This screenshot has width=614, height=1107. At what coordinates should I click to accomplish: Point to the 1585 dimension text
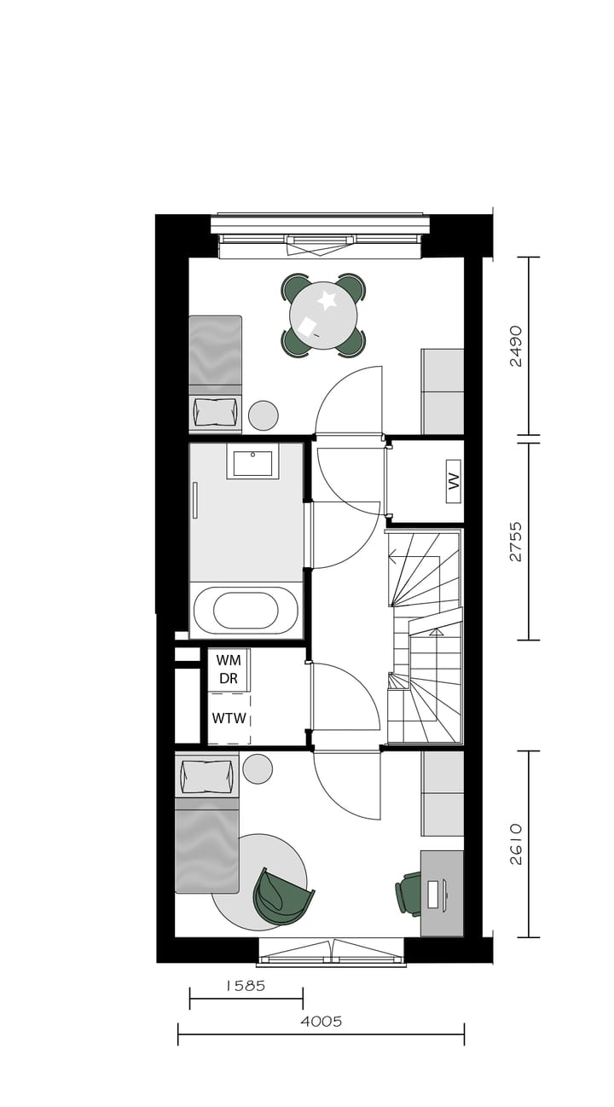[246, 986]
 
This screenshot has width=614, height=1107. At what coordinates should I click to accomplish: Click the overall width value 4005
[321, 1022]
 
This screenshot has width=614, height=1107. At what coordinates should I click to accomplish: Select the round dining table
[323, 316]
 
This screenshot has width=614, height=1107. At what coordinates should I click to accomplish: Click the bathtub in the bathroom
[246, 611]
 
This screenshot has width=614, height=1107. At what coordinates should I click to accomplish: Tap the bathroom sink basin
[252, 463]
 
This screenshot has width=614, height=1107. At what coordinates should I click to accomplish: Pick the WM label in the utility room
[229, 660]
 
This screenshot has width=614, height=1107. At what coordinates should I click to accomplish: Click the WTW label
[229, 719]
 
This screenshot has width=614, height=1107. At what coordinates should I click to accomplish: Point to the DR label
[229, 679]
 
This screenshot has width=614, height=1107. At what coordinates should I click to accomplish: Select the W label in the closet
[454, 481]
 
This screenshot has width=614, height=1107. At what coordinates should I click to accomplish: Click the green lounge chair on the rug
[281, 896]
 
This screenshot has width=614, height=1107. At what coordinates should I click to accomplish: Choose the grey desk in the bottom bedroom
[442, 893]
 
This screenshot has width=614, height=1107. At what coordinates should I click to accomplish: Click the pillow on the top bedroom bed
[215, 412]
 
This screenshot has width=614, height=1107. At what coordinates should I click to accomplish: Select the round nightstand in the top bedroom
[264, 415]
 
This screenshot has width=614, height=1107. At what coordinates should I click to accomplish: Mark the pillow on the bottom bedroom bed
[206, 777]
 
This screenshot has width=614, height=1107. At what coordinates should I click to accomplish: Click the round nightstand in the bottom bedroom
[258, 768]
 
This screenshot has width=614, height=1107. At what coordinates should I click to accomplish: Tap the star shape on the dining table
[327, 300]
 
